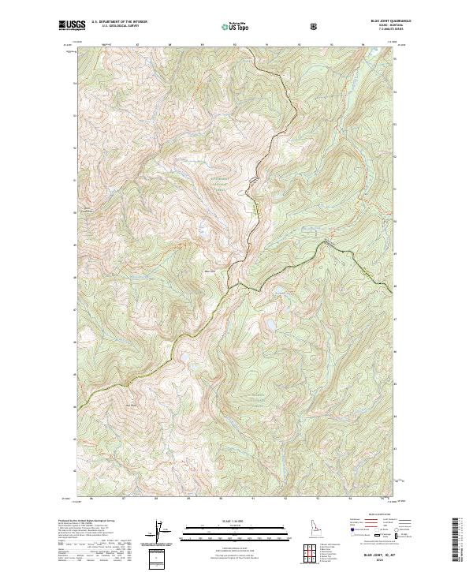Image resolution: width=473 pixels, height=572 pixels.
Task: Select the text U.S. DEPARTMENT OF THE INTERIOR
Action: coord(119,22)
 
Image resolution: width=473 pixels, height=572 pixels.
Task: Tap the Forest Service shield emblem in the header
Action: coord(315,26)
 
